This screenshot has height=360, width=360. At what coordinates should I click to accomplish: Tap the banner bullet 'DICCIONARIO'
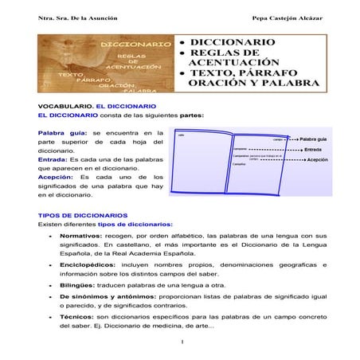click(x=232, y=42)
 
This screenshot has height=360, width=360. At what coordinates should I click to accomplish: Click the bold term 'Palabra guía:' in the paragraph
click(x=64, y=132)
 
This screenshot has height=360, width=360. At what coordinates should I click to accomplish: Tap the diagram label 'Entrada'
click(x=313, y=149)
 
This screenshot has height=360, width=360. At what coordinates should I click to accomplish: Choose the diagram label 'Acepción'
click(x=318, y=160)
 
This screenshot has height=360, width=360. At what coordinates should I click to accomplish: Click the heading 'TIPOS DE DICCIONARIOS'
click(x=82, y=215)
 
